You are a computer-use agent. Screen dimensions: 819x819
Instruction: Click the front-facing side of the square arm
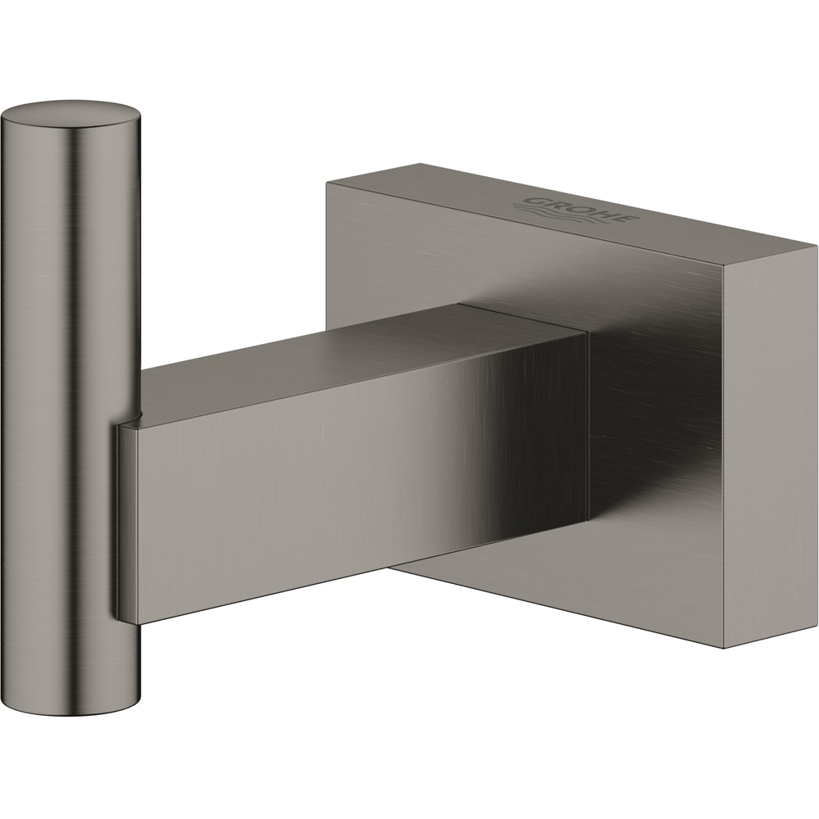click(x=352, y=491)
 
